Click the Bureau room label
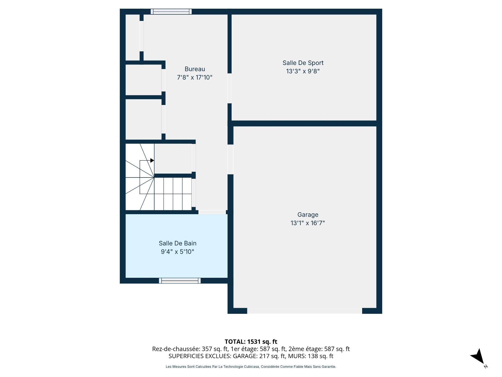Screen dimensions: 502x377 pos(195,69)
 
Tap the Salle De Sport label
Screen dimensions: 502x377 pos(303,63)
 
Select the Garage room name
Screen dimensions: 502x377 pos(308,215)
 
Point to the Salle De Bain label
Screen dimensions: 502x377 pos(178,243)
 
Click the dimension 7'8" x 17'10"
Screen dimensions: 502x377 pos(195,77)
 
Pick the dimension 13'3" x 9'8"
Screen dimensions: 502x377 pos(303,71)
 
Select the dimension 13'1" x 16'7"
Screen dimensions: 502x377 pos(308,223)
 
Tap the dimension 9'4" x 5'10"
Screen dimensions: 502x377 pos(178,252)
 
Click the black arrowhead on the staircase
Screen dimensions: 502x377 pos(152,160)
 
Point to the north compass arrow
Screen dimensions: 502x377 pos(478,357)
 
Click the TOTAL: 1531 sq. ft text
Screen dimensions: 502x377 pos(251,342)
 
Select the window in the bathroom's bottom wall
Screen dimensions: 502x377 pos(180,281)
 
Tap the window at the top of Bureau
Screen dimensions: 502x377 pos(171,12)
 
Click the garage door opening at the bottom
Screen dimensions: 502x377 pos(305,311)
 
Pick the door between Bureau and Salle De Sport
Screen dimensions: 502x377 pos(229,88)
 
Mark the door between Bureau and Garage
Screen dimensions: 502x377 pos(230,159)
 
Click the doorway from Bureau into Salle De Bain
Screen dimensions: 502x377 pos(212,212)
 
